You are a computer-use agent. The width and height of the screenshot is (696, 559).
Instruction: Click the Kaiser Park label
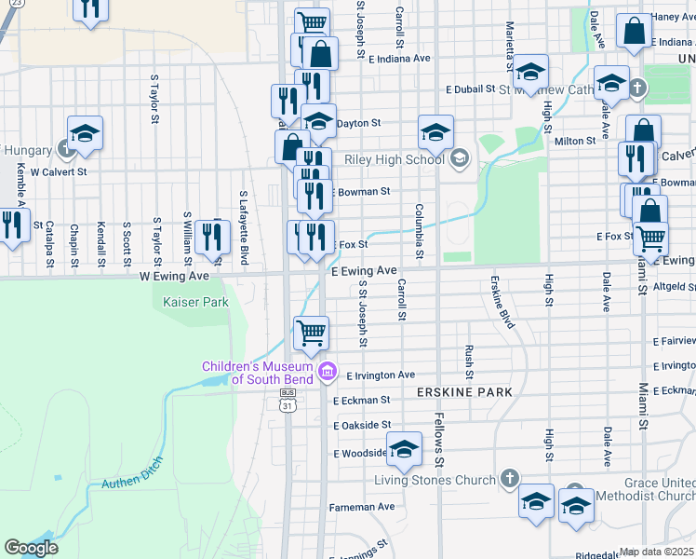(195, 303)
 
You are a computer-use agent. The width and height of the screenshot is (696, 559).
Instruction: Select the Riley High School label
(395, 159)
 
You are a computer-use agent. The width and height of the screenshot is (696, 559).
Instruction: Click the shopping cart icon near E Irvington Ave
(311, 332)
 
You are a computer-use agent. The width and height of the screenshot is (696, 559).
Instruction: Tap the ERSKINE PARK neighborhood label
(465, 393)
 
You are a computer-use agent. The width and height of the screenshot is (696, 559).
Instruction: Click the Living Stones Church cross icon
(509, 479)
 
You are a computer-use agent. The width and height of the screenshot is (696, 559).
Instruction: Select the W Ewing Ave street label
(175, 277)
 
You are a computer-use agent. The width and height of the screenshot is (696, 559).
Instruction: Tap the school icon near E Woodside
(404, 450)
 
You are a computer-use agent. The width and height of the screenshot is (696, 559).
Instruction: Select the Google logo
(32, 547)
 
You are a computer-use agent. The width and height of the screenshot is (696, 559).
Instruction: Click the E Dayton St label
(357, 123)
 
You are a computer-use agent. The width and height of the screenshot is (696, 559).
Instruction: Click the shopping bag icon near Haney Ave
(634, 32)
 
